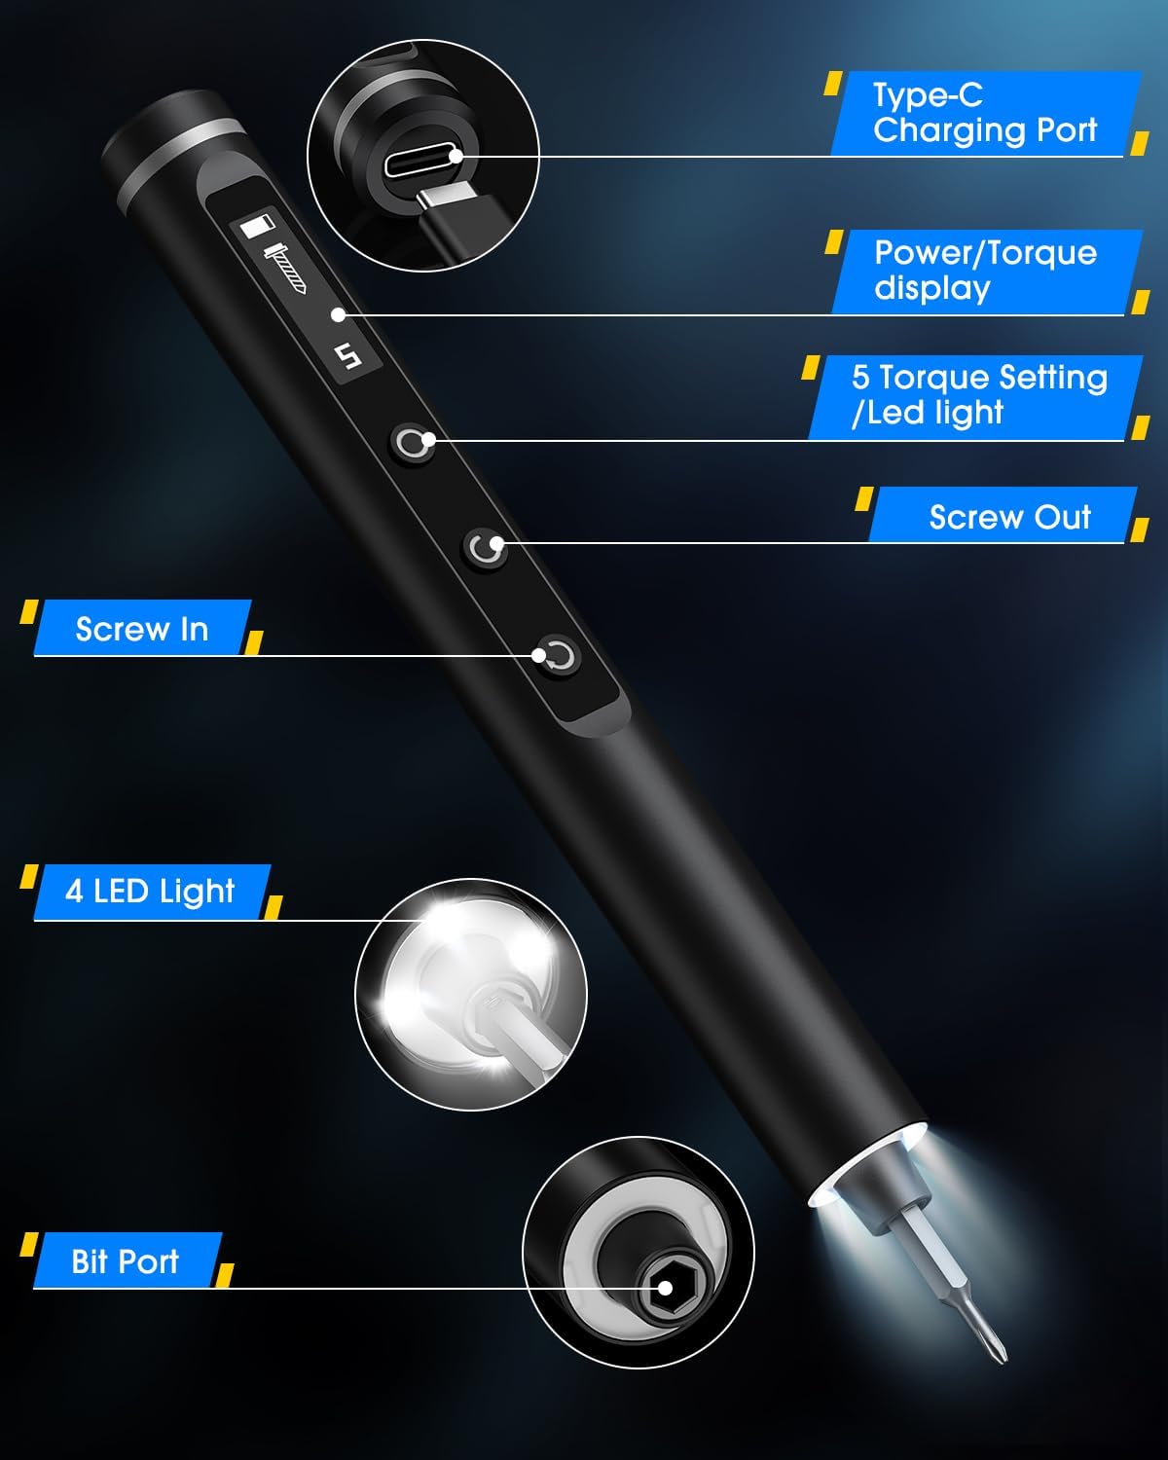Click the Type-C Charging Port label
(985, 113)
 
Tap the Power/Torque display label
(985, 270)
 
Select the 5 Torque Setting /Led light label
(979, 395)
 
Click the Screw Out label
(1010, 517)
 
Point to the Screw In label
(142, 629)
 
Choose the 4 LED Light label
(150, 892)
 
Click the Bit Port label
(125, 1261)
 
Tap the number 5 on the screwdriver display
(348, 355)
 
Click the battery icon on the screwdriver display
(257, 226)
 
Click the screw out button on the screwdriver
(485, 548)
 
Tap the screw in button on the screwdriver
(560, 656)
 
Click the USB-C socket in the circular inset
(424, 164)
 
